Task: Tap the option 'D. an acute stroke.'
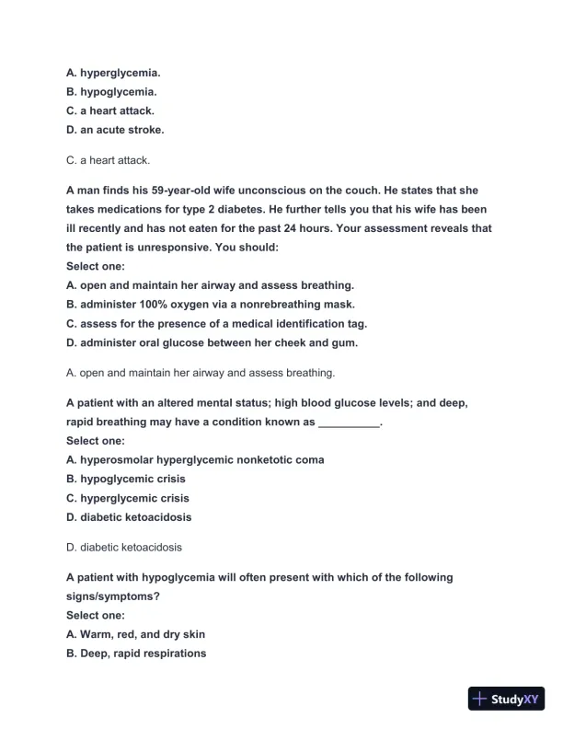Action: click(115, 130)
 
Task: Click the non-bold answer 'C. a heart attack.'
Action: click(108, 160)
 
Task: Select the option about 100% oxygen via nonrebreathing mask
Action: click(210, 305)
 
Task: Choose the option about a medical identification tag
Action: click(216, 324)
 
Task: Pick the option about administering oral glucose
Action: click(212, 343)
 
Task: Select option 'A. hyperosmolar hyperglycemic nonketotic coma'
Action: click(195, 459)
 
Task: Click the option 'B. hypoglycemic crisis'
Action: click(126, 479)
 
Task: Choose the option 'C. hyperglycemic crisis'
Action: click(128, 498)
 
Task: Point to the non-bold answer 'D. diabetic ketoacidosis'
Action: click(124, 547)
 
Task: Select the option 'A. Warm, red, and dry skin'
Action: click(136, 634)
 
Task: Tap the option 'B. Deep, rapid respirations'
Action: click(136, 654)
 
